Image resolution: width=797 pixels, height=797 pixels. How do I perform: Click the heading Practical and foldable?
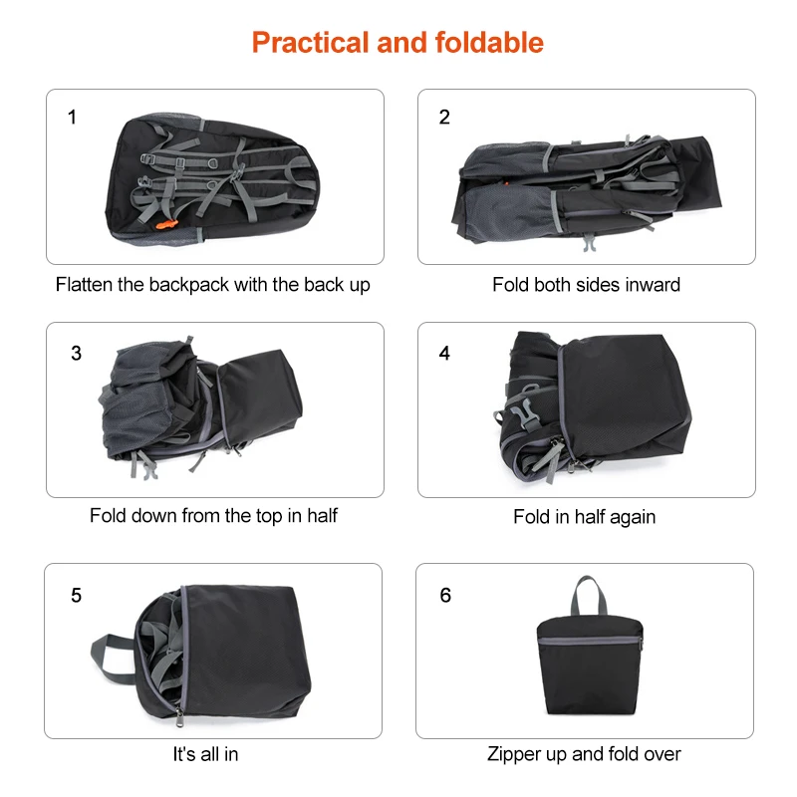(398, 43)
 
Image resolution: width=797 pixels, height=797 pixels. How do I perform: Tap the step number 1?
(72, 118)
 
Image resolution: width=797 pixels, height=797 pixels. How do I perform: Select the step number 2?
(444, 118)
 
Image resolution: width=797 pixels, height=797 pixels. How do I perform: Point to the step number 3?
(77, 354)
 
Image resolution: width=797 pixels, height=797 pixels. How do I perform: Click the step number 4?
(444, 354)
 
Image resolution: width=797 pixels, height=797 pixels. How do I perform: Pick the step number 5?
(77, 596)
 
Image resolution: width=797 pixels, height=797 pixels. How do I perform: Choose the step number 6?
(445, 596)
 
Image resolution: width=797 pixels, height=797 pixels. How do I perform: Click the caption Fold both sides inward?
(586, 285)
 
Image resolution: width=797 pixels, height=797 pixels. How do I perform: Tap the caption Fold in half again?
(584, 517)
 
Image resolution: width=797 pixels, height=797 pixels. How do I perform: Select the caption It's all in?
(205, 754)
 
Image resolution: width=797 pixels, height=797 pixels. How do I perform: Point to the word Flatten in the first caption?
(85, 285)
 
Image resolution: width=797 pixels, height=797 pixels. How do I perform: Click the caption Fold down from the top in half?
(213, 516)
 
